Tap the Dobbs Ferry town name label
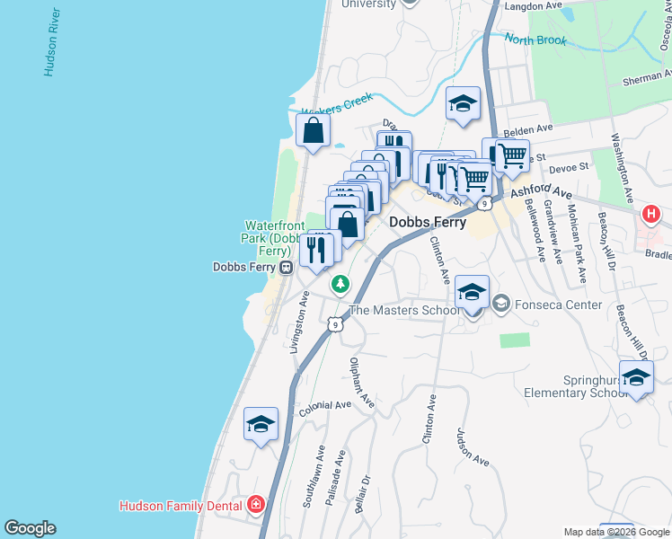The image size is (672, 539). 427,221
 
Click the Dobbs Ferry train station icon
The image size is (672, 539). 287,267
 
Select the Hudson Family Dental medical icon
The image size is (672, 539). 256,506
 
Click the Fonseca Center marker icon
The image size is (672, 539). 500,305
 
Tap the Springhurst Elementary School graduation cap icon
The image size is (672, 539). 635,377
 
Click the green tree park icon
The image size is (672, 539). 340,286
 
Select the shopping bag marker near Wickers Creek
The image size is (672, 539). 313,131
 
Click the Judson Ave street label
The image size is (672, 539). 473,446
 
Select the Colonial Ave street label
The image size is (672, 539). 325,406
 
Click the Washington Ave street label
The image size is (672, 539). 621,163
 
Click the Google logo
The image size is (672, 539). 30,528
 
